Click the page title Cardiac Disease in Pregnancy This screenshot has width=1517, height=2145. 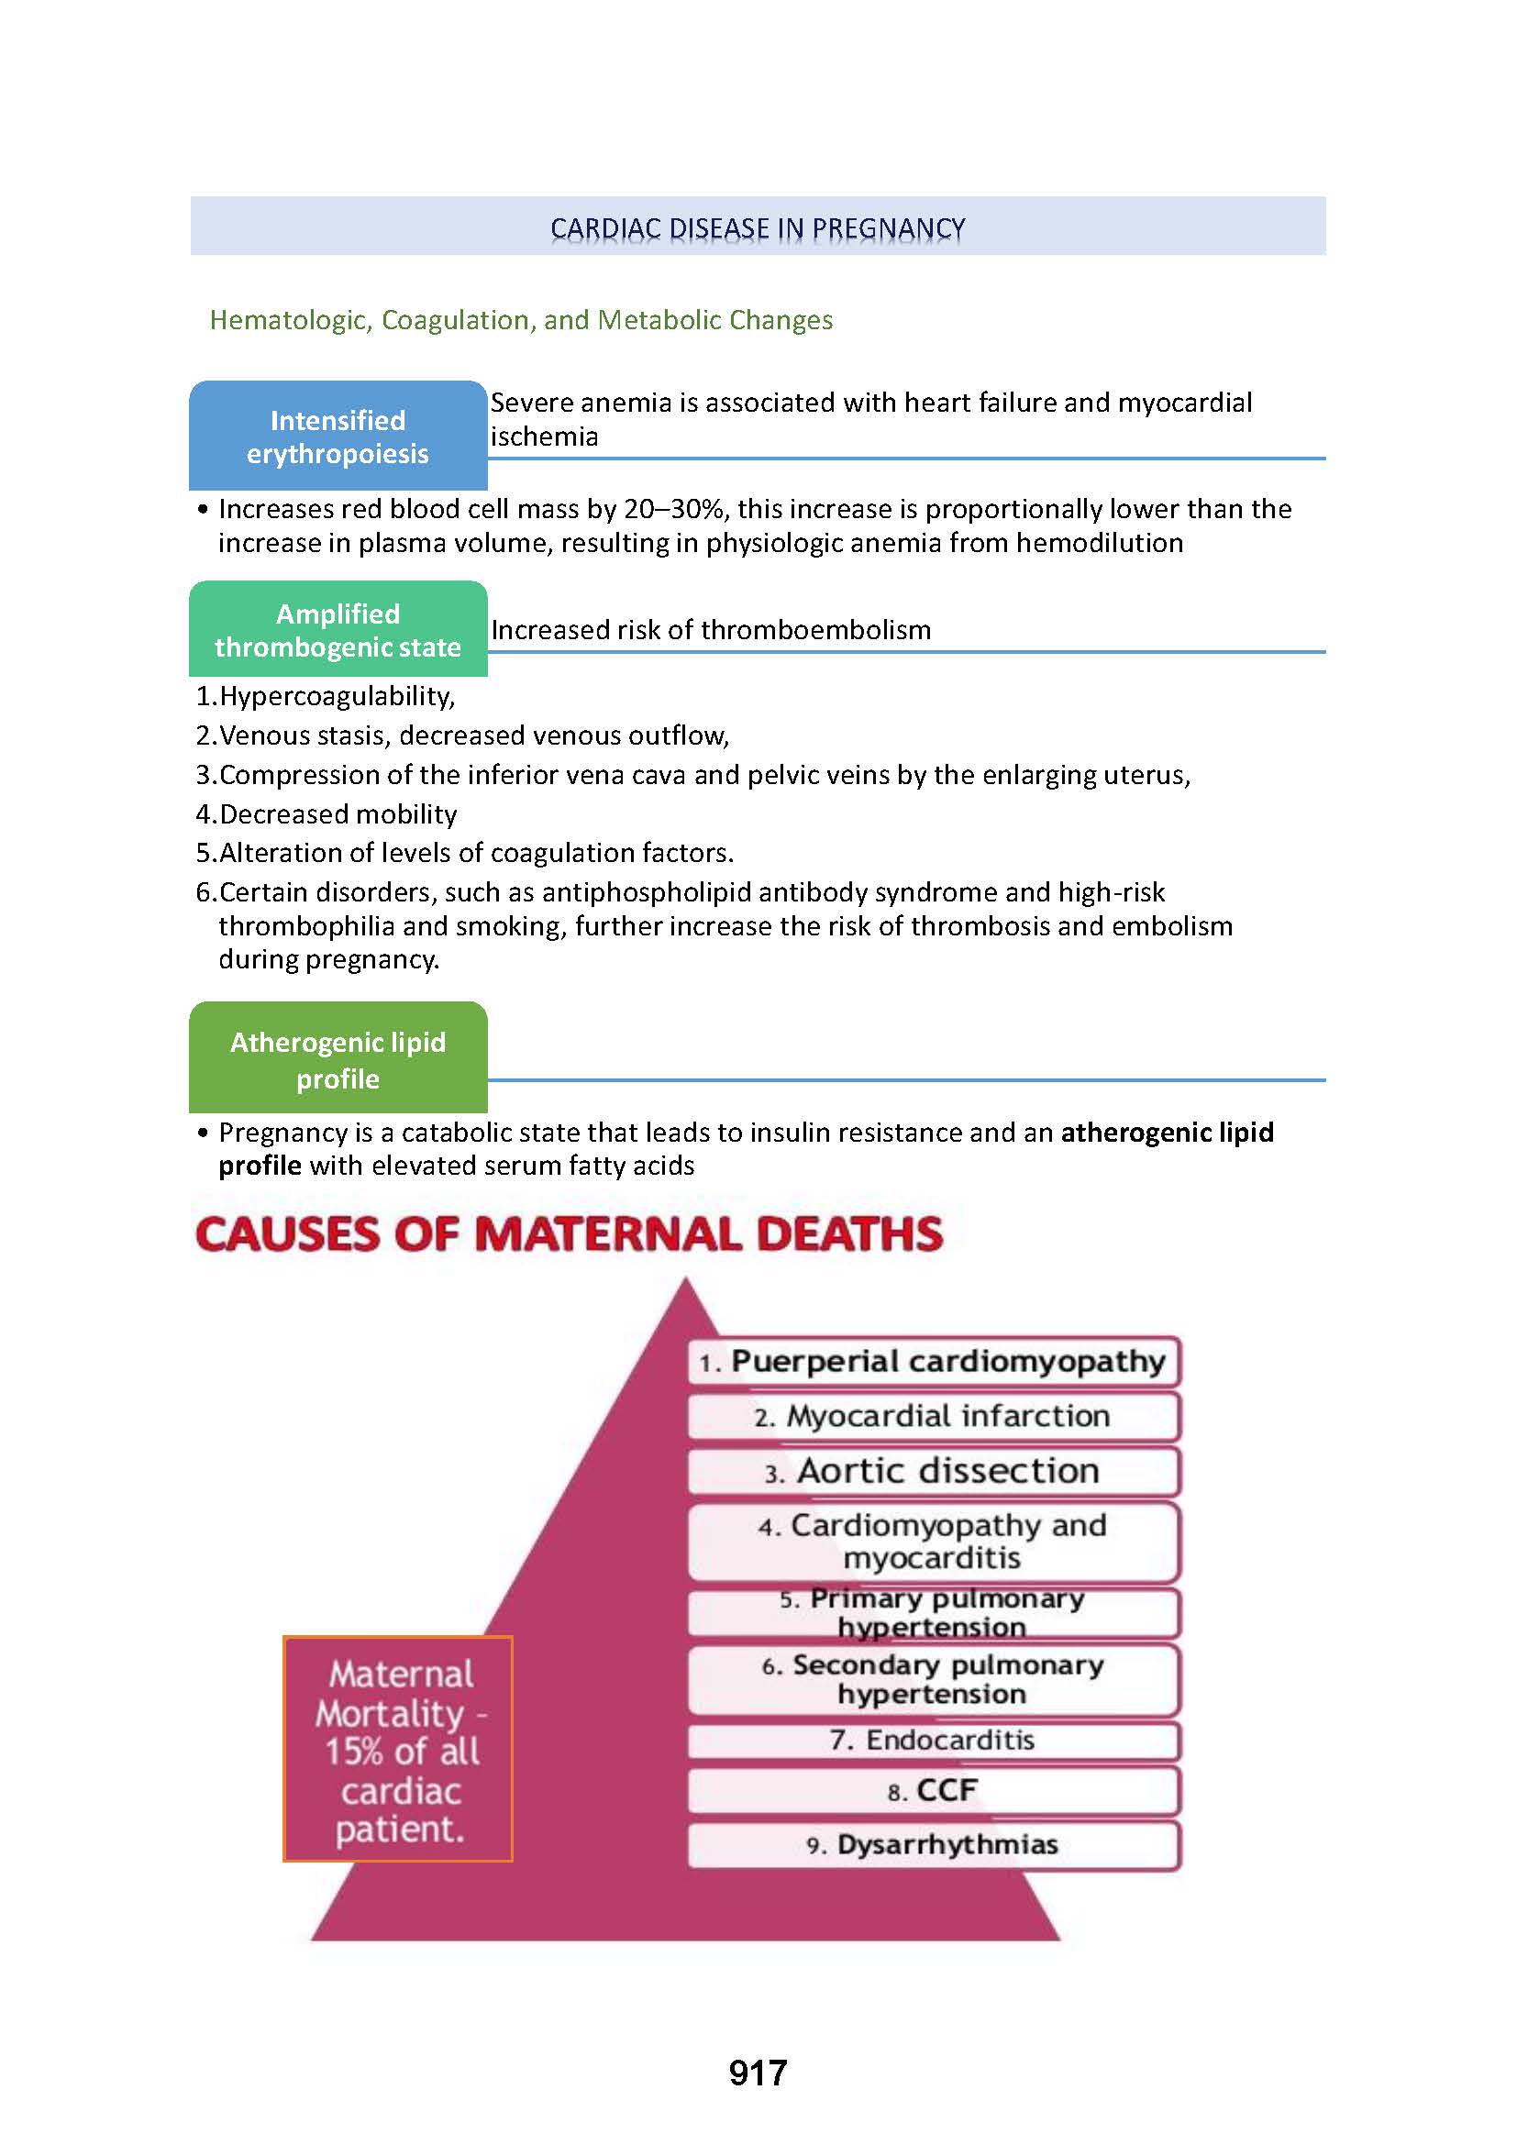click(x=757, y=228)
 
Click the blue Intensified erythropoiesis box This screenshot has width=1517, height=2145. click(x=338, y=437)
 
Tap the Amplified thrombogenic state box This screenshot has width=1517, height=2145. click(x=338, y=630)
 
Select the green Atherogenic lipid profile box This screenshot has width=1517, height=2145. click(x=338, y=1059)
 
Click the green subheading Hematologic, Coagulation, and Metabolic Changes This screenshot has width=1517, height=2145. click(x=520, y=319)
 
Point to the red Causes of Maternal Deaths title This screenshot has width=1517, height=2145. click(x=569, y=1233)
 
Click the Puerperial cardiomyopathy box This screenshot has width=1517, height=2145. click(x=934, y=1361)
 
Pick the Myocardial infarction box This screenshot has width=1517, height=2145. click(x=934, y=1416)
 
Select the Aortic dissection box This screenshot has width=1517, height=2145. click(x=934, y=1471)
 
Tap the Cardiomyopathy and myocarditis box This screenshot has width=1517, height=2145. click(x=934, y=1542)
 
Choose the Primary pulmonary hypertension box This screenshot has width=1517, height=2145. click(x=934, y=1612)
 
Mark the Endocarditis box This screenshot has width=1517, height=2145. click(x=934, y=1741)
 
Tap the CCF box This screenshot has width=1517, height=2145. click(x=934, y=1790)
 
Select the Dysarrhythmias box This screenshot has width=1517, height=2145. click(x=934, y=1845)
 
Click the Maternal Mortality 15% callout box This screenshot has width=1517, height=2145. click(x=398, y=1750)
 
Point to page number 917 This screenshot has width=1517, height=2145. click(x=758, y=2073)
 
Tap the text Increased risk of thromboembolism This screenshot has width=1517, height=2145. click(x=711, y=630)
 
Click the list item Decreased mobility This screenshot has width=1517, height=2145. click(x=338, y=814)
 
